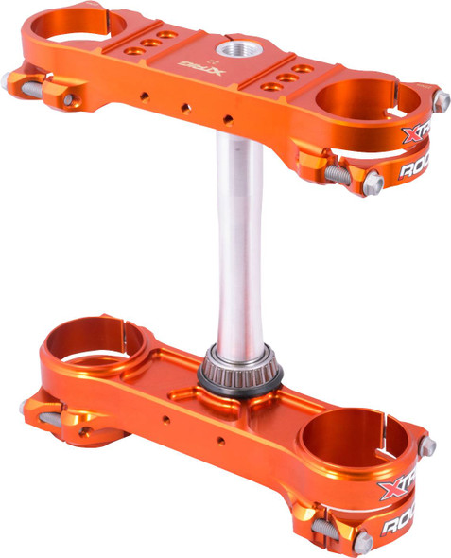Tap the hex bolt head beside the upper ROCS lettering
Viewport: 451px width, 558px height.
click(x=373, y=182)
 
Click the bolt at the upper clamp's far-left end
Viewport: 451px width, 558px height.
click(x=11, y=82)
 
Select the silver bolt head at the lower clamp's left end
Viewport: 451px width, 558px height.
click(x=26, y=408)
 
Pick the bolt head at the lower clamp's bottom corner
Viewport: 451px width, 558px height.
click(x=362, y=541)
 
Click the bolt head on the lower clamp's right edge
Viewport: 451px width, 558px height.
click(x=427, y=445)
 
